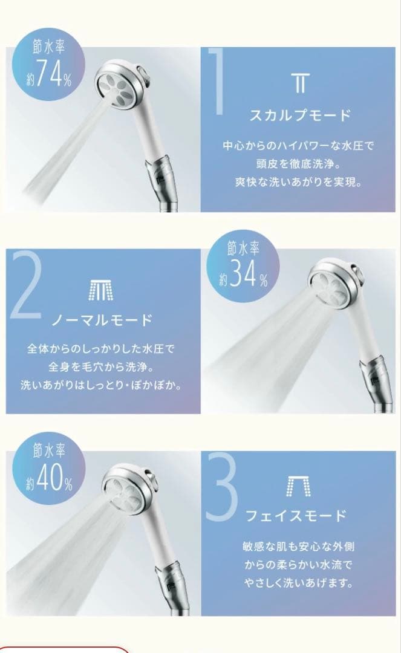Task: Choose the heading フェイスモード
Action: coord(296,516)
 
